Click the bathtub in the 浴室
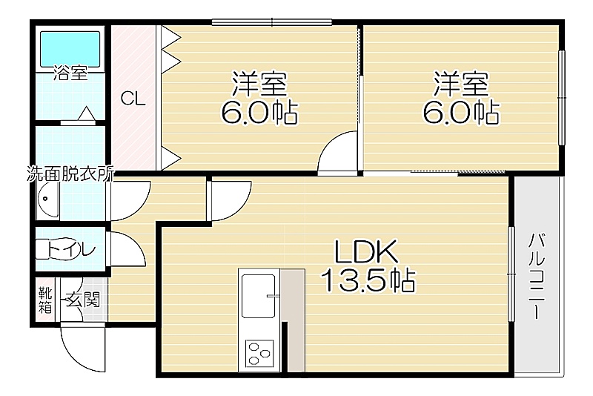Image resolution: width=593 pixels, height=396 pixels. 70,48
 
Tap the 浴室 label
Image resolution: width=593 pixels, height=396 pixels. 70,73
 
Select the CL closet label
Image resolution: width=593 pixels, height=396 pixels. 133,99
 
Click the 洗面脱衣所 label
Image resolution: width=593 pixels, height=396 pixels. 70,174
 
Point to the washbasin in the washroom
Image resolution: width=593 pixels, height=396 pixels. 47,199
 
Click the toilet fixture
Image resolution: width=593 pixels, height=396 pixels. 49,249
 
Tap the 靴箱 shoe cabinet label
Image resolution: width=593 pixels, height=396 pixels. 45,300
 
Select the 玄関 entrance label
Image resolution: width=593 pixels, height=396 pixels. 83,300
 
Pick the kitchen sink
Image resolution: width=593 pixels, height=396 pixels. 258,296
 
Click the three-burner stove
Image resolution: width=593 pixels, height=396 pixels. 259,354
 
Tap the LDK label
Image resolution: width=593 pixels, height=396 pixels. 366,252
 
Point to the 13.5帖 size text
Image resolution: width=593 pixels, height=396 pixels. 368,280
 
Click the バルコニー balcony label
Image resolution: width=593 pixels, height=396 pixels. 536,276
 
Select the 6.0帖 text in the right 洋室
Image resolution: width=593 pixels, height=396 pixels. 460,112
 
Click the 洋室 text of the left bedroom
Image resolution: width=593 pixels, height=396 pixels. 259,84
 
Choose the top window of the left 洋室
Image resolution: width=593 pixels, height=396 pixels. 271,22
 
